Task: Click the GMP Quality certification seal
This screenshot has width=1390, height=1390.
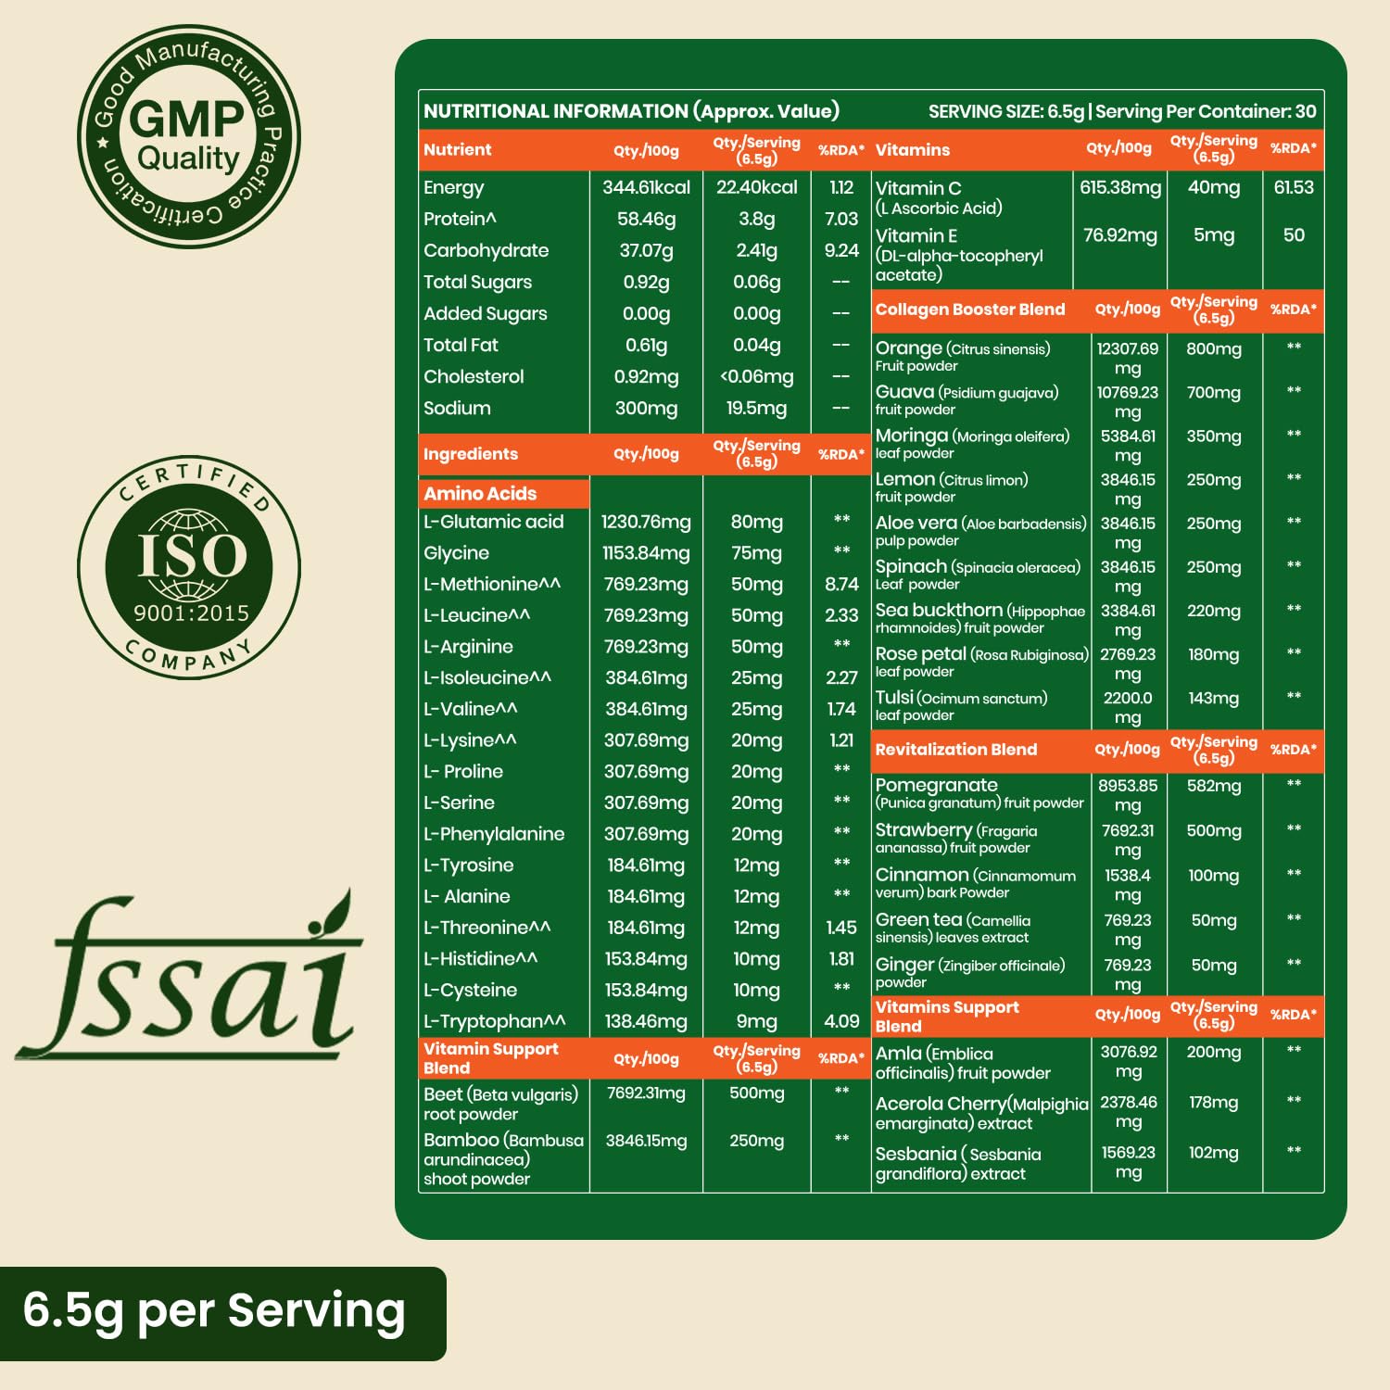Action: [189, 136]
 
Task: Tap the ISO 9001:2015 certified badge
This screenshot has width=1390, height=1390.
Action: [189, 566]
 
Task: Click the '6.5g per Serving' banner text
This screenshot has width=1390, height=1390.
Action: [214, 1312]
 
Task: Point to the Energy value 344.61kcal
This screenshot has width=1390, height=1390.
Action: [646, 187]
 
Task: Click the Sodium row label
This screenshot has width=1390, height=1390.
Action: [457, 408]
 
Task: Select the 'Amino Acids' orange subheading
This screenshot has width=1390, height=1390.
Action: [480, 493]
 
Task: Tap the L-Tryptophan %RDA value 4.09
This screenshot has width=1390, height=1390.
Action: [841, 1021]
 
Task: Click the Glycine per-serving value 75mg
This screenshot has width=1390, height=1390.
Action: [756, 553]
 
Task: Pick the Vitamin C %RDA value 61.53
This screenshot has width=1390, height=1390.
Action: [1293, 187]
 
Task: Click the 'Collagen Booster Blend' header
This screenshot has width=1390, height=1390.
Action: [970, 310]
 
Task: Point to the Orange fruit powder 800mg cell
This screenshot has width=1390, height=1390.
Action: [1213, 349]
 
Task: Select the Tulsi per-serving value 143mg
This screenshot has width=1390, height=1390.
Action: [1213, 699]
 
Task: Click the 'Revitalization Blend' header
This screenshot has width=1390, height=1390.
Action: [955, 750]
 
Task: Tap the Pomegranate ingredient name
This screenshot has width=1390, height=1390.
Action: [936, 785]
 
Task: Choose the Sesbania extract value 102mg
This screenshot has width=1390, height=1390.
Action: [1213, 1153]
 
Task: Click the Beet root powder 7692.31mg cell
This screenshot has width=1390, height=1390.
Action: [646, 1093]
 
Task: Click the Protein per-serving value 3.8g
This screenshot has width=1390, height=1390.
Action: [756, 219]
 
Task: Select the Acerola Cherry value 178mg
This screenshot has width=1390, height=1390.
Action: [1213, 1103]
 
